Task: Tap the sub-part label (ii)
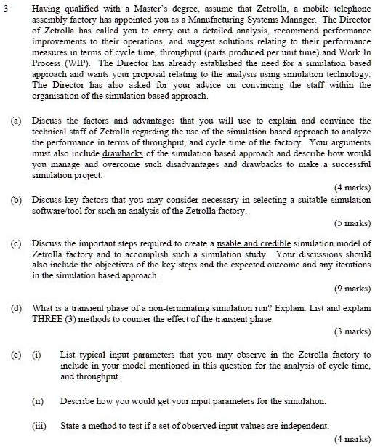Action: (36, 400)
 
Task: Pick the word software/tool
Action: (56, 211)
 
